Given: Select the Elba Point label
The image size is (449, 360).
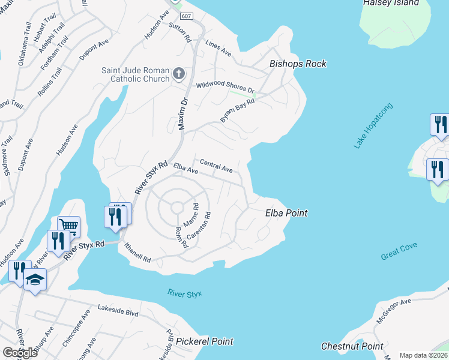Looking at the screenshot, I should coord(286,213).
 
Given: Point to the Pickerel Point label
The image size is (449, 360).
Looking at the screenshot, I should coord(205,341).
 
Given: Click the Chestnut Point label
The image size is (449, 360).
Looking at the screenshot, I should coord(352,346).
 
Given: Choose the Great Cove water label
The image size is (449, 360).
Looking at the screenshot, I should coord(399,251).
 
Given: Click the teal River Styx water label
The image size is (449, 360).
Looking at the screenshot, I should coord(185,293).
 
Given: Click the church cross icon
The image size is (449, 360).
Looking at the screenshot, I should coord(178,74).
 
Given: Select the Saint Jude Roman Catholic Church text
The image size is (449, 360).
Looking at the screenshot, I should coord(135,74).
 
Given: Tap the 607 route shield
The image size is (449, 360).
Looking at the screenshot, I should coord(186,16).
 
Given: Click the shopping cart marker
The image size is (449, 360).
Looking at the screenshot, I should coord(69,227).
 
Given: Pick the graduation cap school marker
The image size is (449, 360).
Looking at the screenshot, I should coord(35,281).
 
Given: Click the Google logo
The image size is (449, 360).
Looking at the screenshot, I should coord(20,353).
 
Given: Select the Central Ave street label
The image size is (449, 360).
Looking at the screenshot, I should coord(216,165).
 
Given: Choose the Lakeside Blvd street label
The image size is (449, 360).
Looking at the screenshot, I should coord(118,313).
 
